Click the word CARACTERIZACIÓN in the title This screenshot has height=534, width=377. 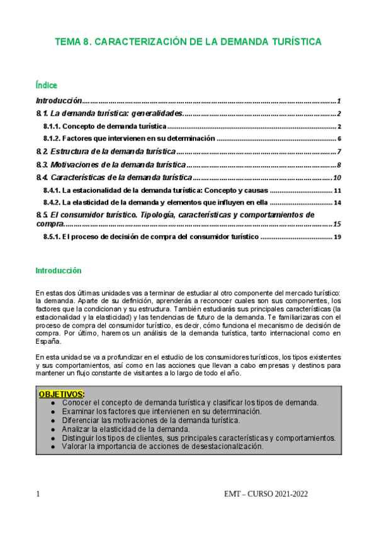click(x=137, y=42)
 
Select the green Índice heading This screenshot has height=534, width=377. click(x=47, y=85)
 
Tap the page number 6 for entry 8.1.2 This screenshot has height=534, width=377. click(x=339, y=139)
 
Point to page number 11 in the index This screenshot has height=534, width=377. click(x=337, y=190)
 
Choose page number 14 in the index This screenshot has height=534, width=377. click(x=337, y=203)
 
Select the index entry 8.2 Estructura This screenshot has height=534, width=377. click(x=105, y=152)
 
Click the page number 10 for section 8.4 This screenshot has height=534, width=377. click(x=337, y=178)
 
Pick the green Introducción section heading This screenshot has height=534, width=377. click(x=59, y=270)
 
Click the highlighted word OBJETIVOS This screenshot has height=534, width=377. click(x=61, y=394)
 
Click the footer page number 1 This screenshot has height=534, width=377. click(x=38, y=494)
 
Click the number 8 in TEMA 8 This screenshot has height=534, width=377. click(x=86, y=42)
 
